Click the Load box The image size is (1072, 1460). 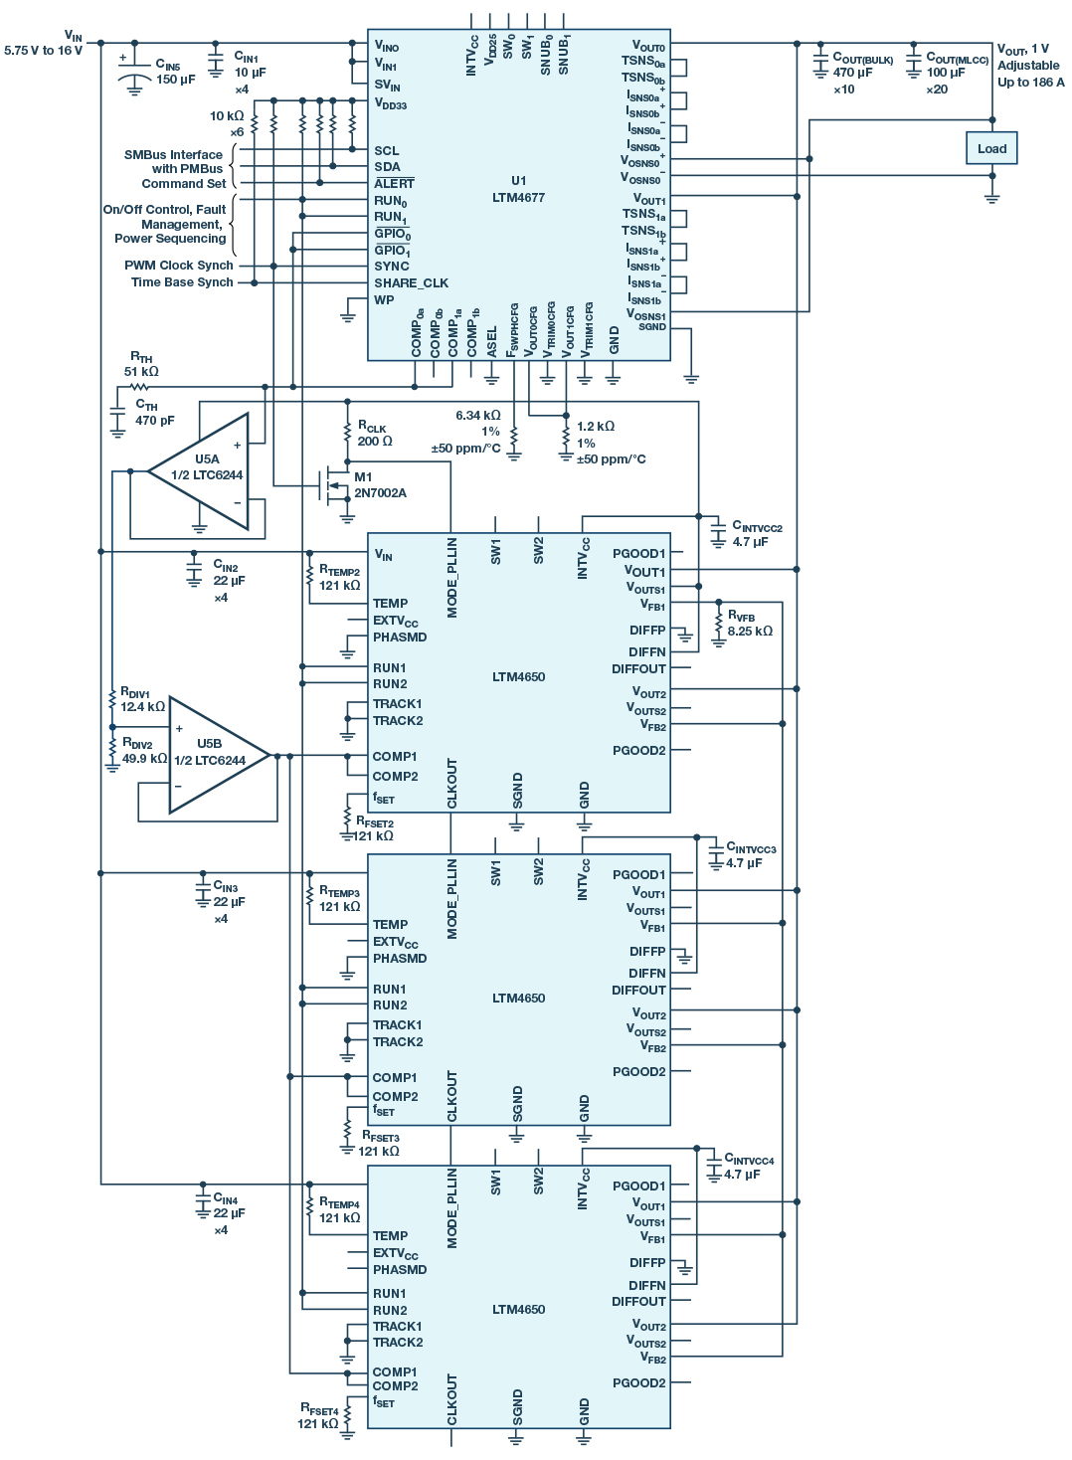991,148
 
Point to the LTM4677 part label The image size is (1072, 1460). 518,198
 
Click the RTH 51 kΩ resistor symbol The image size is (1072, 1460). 139,387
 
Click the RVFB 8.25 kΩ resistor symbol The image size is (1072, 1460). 718,624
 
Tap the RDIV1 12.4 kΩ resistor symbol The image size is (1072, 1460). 112,699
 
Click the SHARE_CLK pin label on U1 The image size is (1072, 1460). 412,282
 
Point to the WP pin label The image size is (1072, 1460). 384,299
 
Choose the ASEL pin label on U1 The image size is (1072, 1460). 492,341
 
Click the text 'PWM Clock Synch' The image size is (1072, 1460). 179,266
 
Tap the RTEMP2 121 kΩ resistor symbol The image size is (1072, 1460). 310,575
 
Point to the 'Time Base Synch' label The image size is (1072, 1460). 182,282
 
